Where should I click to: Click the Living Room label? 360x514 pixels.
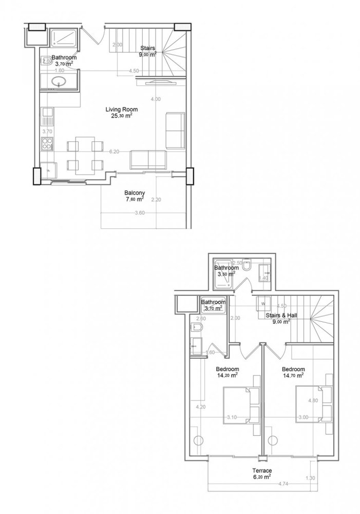pos(122,109)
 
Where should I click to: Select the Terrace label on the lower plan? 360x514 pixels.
pos(262,470)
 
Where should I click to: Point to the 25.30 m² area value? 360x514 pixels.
pos(122,116)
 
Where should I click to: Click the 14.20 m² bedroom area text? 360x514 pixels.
pos(226,375)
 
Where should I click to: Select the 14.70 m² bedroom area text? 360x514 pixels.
pos(293,376)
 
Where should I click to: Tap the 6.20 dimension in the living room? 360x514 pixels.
pos(114,152)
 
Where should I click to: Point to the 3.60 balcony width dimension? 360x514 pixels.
pos(139,213)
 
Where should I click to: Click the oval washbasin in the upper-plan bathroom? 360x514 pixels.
pos(59,81)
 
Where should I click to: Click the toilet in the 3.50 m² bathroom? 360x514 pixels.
pos(247,267)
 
